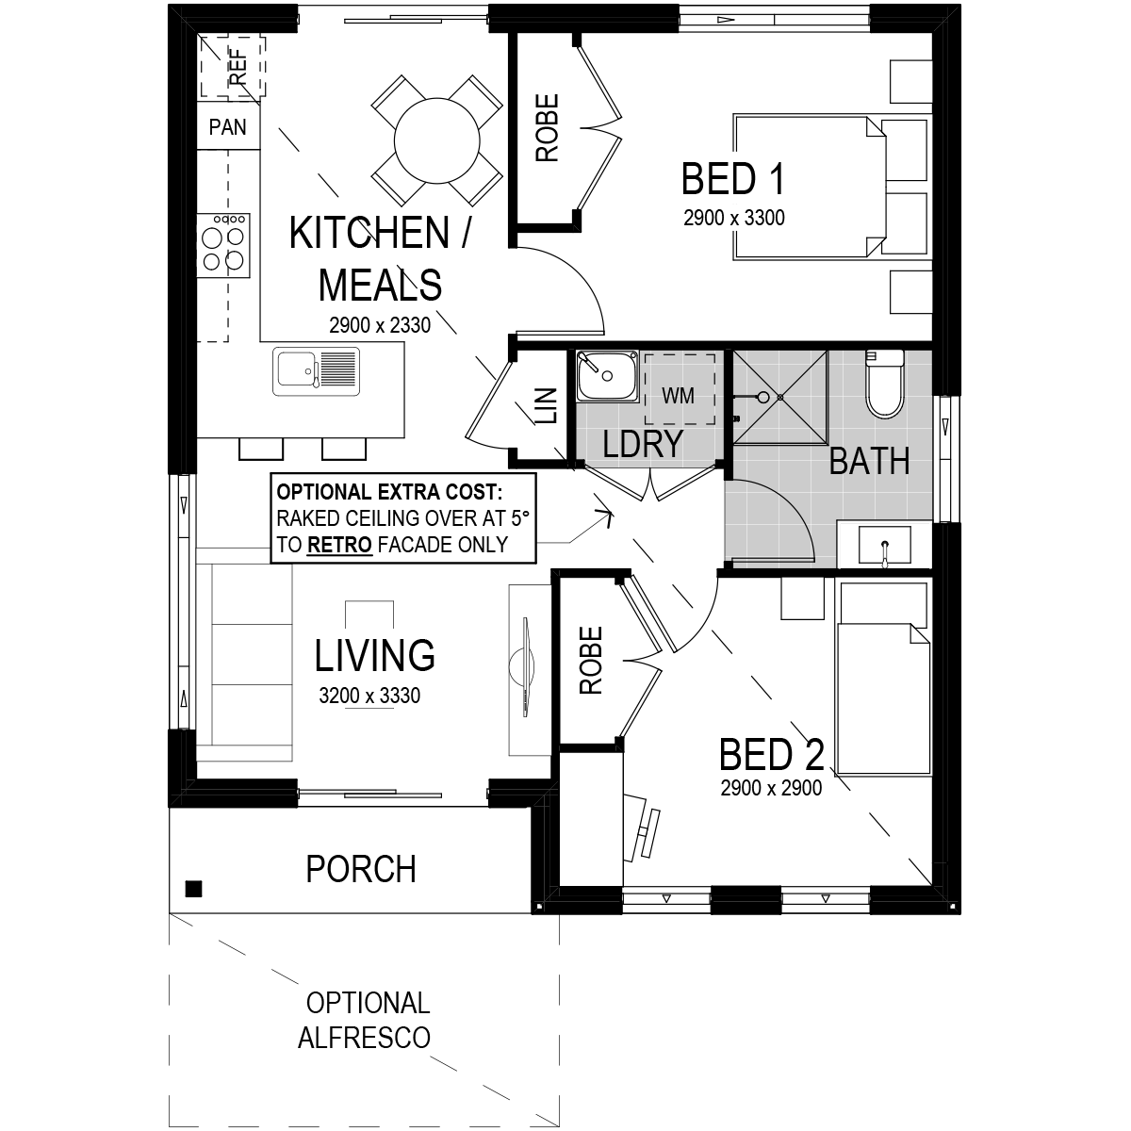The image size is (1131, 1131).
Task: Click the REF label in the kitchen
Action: pos(238,67)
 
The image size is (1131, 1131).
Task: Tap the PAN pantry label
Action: pos(228,127)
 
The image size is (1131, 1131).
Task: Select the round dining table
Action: pos(436,140)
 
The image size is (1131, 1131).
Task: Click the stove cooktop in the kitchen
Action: pos(223,245)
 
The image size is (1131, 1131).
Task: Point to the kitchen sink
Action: pos(317,371)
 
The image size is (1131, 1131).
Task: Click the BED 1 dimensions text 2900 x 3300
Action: pos(733,218)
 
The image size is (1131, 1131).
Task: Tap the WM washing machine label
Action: pos(678,396)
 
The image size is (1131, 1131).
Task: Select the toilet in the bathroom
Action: pos(885,385)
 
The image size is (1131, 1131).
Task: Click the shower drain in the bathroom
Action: pos(780,398)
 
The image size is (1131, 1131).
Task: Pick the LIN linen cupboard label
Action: pos(547,405)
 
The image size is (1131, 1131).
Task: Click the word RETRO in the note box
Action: pos(340,545)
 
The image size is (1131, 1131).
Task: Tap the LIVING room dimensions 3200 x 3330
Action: pos(369,696)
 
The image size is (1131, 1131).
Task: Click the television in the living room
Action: pos(527,667)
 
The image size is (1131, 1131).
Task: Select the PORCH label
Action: pos(361,869)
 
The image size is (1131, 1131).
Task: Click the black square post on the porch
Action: pos(194,889)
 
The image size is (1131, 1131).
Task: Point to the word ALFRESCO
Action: pos(364,1038)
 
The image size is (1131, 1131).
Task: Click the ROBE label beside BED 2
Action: pos(591,661)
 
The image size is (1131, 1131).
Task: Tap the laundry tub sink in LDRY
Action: pos(608,376)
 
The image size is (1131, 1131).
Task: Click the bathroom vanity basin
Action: pos(884,545)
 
